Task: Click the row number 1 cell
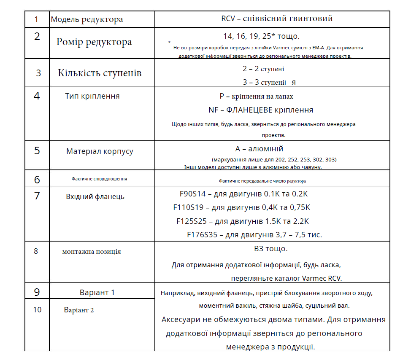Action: tap(36, 19)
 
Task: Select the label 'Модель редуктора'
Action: tap(87, 19)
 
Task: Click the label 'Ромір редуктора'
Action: tap(94, 42)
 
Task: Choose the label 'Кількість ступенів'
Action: tap(100, 73)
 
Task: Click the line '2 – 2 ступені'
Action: tap(263, 69)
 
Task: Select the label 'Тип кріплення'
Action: tap(92, 96)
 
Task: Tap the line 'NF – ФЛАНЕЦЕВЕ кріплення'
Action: tap(261, 110)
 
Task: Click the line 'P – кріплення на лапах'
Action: tap(256, 97)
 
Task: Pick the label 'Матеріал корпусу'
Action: tap(100, 151)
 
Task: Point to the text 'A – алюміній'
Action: tap(259, 149)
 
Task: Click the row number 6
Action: tap(37, 180)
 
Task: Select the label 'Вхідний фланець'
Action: tap(95, 196)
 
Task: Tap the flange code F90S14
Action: tap(192, 194)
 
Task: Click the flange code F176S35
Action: tap(202, 235)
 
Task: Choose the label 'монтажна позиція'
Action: tap(92, 252)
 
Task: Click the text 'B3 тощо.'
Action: tap(271, 249)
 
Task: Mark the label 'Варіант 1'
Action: tap(97, 293)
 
